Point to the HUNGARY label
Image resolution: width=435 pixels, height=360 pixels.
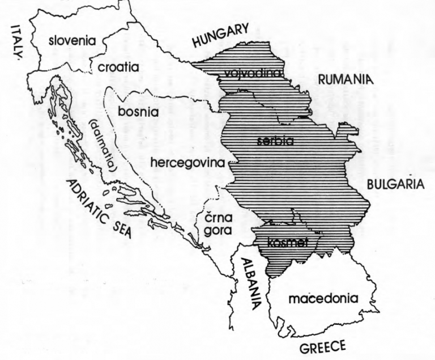coord(220,36)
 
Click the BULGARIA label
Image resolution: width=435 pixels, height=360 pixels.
coord(395,184)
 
